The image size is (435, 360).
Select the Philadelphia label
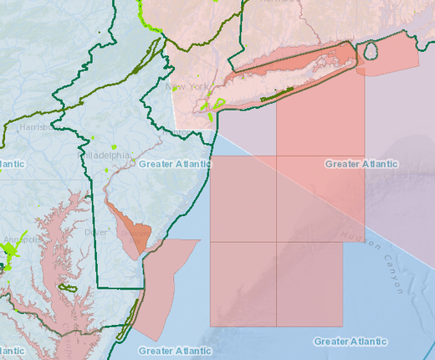tap(105, 156)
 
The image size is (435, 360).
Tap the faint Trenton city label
tap(181, 132)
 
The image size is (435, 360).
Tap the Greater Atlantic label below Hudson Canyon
tap(350, 342)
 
